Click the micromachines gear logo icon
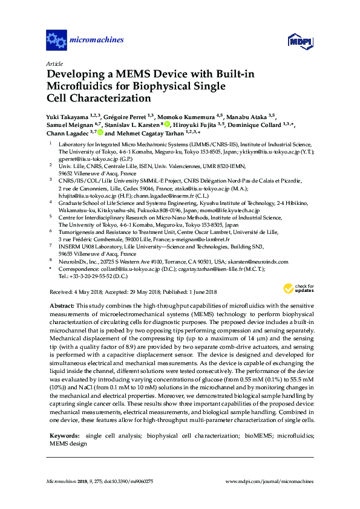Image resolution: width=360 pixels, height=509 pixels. point(56,41)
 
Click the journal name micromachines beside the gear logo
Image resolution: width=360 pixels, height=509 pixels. point(97,41)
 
